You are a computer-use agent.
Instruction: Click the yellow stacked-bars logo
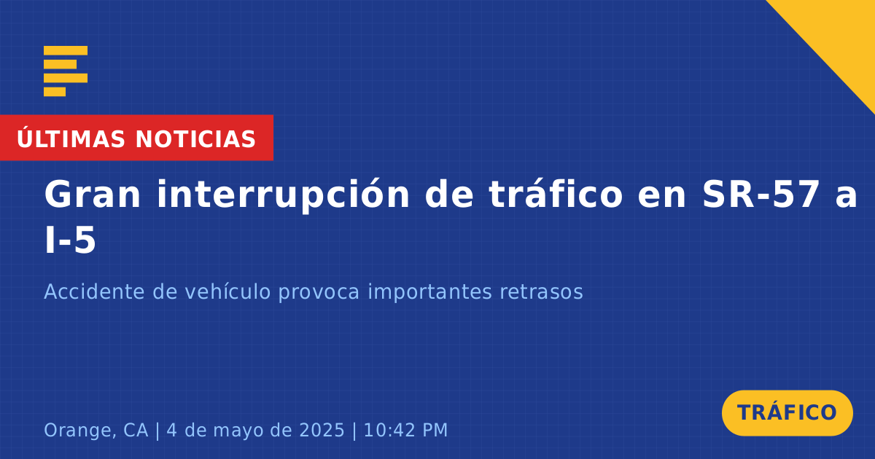pos(66,71)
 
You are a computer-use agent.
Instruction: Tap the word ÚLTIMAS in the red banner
pos(71,138)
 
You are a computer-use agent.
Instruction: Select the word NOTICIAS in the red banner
pos(195,139)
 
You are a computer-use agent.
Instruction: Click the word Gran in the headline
pos(92,195)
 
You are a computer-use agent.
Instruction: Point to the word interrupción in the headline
pos(283,195)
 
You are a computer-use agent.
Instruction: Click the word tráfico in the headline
pos(556,194)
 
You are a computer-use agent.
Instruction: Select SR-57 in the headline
pos(761,194)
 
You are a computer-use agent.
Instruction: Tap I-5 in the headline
pos(70,240)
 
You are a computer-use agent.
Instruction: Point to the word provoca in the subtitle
pos(319,293)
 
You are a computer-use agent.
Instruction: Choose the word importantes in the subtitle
pos(429,292)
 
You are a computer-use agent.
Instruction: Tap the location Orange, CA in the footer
pos(96,430)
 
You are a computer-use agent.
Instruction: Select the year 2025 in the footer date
pos(322,430)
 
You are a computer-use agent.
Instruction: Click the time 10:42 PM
pos(405,430)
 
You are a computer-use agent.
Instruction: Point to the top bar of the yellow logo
pos(66,50)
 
